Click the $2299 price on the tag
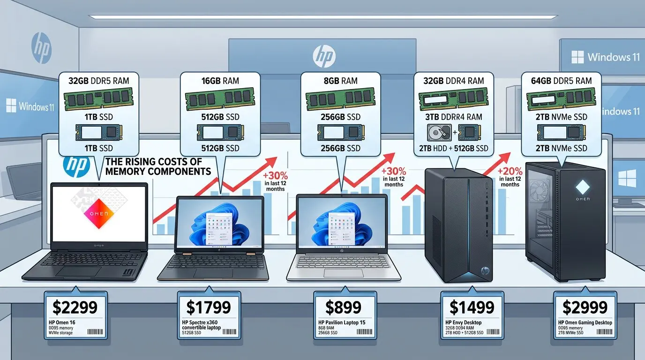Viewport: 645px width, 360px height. [x=75, y=307]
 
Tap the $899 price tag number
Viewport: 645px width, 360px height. [x=344, y=307]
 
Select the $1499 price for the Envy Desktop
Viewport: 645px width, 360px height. [x=472, y=307]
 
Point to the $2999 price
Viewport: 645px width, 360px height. [x=585, y=307]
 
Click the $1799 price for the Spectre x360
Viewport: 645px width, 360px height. [x=209, y=307]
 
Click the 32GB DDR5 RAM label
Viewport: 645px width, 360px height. [x=98, y=81]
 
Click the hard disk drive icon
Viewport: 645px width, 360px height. [x=439, y=132]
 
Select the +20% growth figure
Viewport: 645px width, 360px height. [x=510, y=172]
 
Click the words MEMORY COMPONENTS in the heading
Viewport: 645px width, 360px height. [x=158, y=171]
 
